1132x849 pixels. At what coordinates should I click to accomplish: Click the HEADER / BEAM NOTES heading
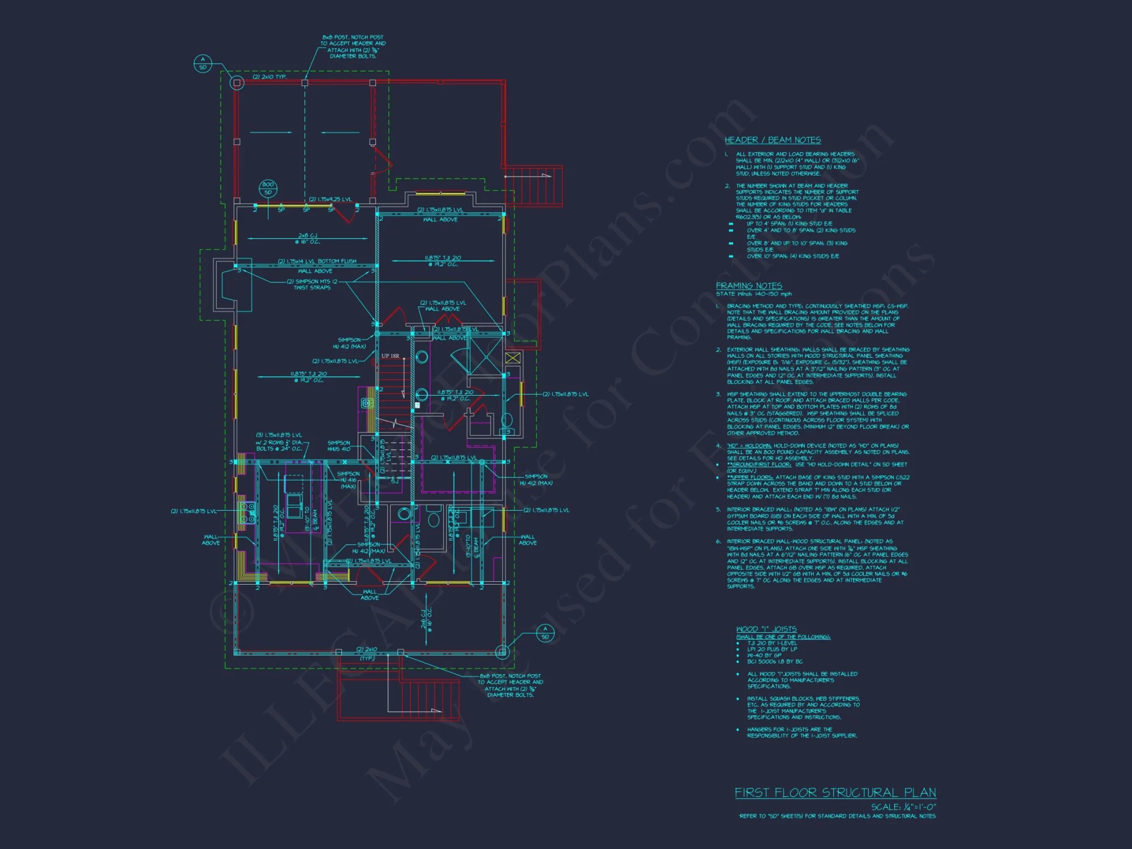(x=773, y=140)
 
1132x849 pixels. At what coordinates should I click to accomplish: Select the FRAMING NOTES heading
(x=749, y=286)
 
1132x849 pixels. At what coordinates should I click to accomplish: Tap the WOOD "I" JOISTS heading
(x=766, y=629)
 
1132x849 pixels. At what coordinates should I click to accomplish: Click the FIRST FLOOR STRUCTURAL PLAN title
(x=835, y=792)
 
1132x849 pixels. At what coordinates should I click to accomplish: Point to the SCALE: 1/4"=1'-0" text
(x=903, y=807)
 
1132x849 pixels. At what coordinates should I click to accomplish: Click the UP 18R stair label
(x=390, y=356)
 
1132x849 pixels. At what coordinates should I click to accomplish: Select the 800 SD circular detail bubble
(x=268, y=188)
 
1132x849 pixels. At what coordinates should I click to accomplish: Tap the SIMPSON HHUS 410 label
(x=338, y=446)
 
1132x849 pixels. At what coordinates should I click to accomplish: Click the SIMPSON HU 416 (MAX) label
(x=348, y=480)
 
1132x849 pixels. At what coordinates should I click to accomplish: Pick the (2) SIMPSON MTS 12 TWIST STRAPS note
(x=312, y=284)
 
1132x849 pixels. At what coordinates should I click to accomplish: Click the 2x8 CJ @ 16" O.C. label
(x=307, y=238)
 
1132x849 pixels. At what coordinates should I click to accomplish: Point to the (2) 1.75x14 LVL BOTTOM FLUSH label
(x=317, y=261)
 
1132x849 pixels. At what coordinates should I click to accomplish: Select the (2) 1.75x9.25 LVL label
(x=330, y=199)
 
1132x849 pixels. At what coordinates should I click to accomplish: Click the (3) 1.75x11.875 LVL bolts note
(x=279, y=442)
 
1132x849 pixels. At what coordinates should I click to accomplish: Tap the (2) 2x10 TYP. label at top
(x=269, y=77)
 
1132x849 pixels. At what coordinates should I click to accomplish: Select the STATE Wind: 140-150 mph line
(x=753, y=294)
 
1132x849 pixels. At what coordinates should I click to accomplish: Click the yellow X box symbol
(x=512, y=358)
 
